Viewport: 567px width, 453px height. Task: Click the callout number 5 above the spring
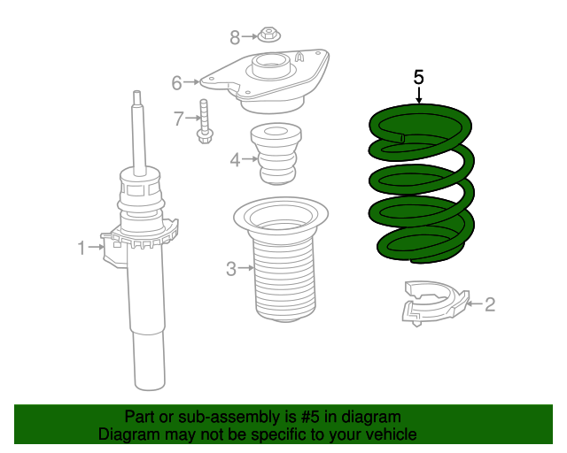click(419, 77)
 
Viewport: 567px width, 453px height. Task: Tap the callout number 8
click(235, 37)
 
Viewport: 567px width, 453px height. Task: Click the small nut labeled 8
click(268, 36)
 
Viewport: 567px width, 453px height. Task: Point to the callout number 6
click(176, 83)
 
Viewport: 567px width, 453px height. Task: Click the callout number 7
click(177, 118)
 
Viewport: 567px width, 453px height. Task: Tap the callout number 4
click(235, 160)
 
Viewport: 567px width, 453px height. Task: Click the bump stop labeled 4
click(275, 154)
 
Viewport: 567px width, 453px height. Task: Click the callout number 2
click(489, 305)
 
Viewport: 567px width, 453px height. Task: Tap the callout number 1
click(82, 249)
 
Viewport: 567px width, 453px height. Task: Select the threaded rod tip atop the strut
click(136, 100)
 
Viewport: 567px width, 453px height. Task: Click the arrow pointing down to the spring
click(419, 95)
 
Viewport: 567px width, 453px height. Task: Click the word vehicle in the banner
click(389, 434)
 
